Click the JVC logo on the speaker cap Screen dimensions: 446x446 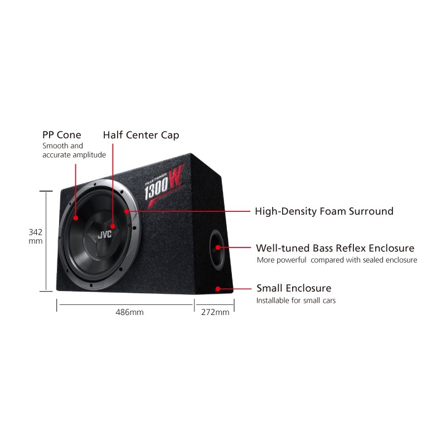click(x=105, y=235)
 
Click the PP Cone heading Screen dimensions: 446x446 click(x=62, y=135)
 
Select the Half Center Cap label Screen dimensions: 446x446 click(x=141, y=135)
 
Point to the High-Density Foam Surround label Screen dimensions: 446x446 click(x=324, y=211)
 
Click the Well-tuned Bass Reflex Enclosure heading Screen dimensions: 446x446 click(x=335, y=248)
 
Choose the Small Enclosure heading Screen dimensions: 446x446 click(x=294, y=288)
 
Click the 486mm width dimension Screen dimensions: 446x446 click(x=129, y=312)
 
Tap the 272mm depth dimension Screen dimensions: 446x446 click(x=215, y=312)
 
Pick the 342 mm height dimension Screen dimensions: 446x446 click(x=36, y=236)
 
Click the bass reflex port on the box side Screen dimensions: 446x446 click(x=217, y=250)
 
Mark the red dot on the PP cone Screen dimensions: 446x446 click(x=75, y=218)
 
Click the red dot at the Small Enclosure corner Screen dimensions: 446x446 click(x=217, y=289)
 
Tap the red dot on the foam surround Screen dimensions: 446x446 click(x=127, y=211)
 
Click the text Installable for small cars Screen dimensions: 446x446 click(x=296, y=300)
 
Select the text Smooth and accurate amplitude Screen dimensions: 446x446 click(x=74, y=151)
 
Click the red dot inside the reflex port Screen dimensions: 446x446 click(x=217, y=248)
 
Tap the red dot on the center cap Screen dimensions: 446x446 click(x=113, y=226)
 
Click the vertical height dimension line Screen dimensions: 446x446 click(x=46, y=241)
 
